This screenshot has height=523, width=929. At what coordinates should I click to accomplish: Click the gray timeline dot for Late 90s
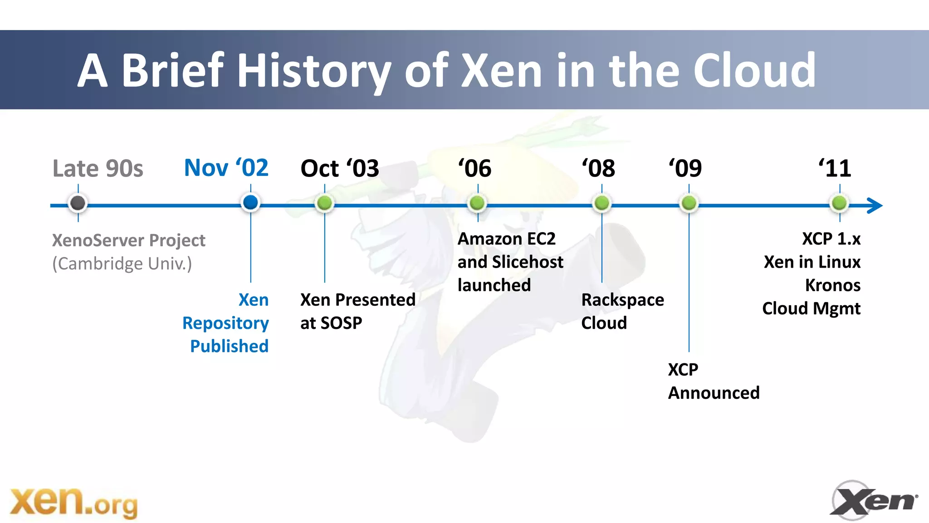click(x=78, y=203)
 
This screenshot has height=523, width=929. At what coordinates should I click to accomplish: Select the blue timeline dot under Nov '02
click(x=250, y=202)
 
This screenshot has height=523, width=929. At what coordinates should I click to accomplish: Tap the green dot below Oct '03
click(x=324, y=203)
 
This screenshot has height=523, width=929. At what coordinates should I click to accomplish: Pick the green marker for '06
click(x=477, y=203)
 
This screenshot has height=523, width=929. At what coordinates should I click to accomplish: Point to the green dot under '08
click(x=602, y=203)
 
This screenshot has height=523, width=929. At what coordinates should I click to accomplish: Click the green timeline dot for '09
click(x=689, y=203)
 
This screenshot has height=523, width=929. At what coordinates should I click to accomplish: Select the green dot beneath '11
click(x=839, y=203)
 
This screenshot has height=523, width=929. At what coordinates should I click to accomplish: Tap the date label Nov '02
click(x=226, y=168)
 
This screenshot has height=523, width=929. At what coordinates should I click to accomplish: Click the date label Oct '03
click(x=339, y=169)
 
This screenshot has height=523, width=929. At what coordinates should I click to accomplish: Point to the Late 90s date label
click(x=98, y=169)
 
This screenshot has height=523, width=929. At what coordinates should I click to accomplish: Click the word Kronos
click(x=832, y=285)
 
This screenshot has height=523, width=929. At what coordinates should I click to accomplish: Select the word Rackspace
click(x=622, y=300)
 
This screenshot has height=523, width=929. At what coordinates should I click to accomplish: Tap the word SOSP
click(x=342, y=323)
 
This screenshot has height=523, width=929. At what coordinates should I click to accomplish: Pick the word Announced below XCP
click(x=714, y=393)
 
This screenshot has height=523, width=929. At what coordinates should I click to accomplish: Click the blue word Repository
click(x=225, y=323)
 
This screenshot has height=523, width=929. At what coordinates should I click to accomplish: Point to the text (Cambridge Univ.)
click(x=122, y=264)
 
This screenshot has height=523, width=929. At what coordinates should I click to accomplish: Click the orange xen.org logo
click(x=73, y=503)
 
